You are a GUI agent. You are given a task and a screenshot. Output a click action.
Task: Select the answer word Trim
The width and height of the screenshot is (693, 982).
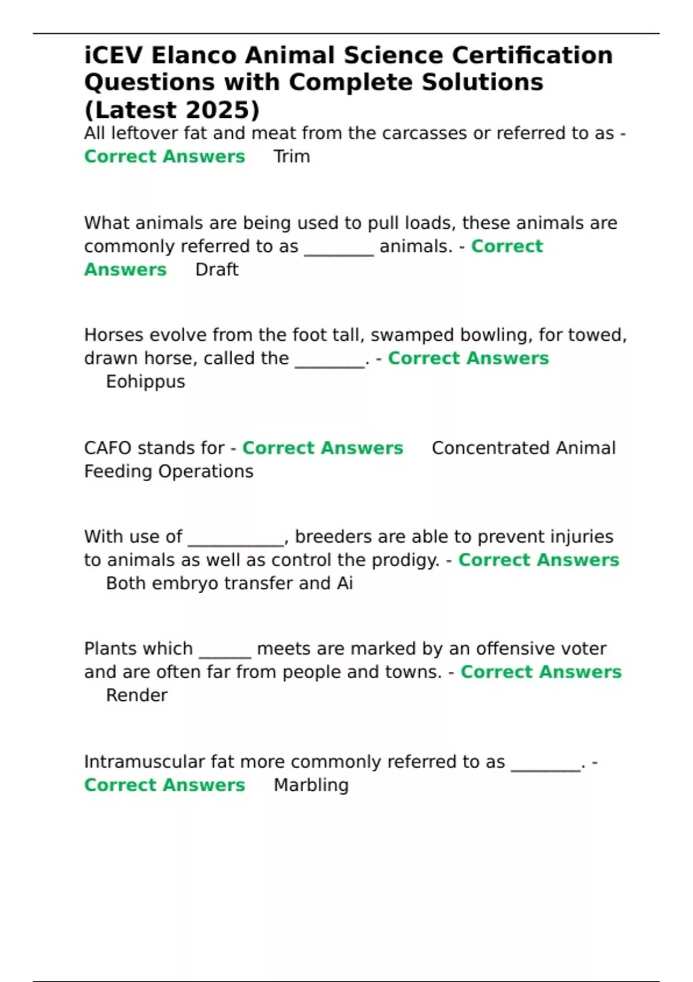[x=292, y=157]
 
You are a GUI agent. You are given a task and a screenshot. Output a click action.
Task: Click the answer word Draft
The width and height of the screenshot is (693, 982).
[x=217, y=270]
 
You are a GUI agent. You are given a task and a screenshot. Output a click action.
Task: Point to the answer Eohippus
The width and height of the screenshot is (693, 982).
[x=146, y=382]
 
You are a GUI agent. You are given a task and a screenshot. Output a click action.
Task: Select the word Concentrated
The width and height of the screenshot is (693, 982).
[x=483, y=448]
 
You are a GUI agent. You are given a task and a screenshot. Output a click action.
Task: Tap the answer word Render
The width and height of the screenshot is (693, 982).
[x=137, y=695]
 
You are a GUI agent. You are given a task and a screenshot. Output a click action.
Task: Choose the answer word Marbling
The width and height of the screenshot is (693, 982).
[x=311, y=785]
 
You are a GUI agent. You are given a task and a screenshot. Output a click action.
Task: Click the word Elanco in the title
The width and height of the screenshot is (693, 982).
[x=193, y=55]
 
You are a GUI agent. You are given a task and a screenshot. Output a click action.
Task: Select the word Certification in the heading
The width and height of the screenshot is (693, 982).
[x=532, y=55]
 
